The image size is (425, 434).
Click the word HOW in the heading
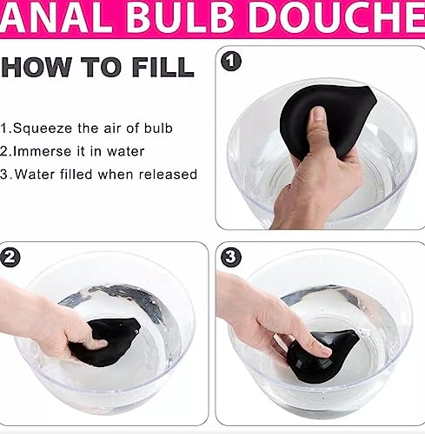36,67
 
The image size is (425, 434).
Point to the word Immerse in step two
47,151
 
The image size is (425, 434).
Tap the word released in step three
168,174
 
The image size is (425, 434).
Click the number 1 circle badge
230,62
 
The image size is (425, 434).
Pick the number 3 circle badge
231,258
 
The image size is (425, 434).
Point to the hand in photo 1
315,182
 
